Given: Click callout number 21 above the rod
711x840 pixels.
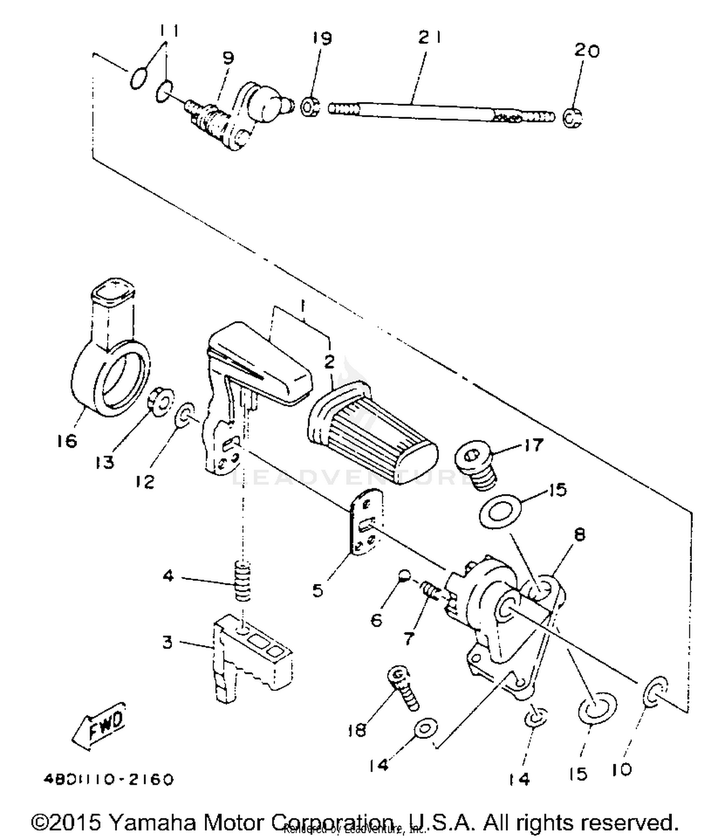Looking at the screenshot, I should (429, 37).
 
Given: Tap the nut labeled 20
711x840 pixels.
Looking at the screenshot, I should (573, 117).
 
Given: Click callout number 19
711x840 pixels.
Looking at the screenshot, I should (322, 38).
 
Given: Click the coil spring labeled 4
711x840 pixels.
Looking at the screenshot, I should (242, 581).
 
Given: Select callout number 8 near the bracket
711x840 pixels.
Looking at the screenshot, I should (579, 535).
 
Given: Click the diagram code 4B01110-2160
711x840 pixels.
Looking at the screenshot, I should (109, 779).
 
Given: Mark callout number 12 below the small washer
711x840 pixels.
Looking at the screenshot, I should (145, 482).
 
